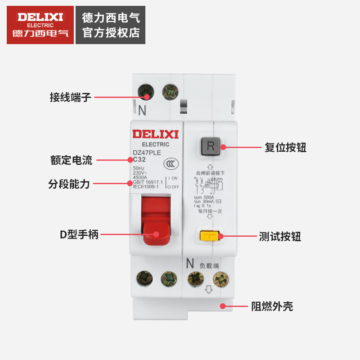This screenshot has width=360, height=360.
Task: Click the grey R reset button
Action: (x=210, y=146)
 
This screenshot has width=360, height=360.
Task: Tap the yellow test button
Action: (x=209, y=236)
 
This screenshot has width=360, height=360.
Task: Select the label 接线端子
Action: (x=71, y=97)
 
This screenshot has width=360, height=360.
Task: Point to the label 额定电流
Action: (x=71, y=160)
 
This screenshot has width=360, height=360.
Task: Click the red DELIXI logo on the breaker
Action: (x=156, y=134)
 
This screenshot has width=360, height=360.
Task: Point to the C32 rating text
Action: (x=139, y=159)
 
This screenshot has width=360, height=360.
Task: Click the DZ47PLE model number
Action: (x=146, y=153)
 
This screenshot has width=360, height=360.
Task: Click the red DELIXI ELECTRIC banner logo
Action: (x=40, y=25)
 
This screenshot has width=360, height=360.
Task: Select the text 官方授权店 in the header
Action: (x=111, y=33)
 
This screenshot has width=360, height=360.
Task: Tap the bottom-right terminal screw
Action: (x=220, y=279)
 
